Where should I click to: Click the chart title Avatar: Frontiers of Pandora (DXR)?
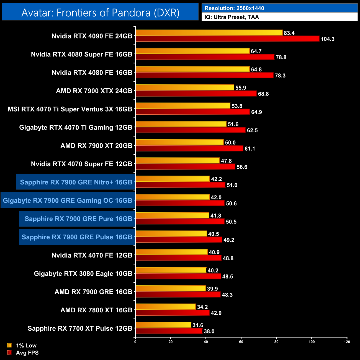click(100, 13)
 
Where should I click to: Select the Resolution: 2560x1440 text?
click(234, 8)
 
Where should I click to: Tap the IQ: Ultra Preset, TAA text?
click(232, 17)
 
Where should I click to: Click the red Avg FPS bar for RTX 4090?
click(227, 39)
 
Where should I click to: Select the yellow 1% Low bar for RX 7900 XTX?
click(185, 88)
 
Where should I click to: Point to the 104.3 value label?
click(328, 39)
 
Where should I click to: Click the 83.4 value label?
click(289, 33)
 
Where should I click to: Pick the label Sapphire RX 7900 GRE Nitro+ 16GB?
click(76, 182)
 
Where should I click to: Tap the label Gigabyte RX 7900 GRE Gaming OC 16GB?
click(68, 200)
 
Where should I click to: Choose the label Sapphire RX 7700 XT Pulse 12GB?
click(80, 328)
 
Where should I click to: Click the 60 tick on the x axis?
click(241, 342)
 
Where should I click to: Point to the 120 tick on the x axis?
click(347, 342)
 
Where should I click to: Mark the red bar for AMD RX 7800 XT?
click(172, 313)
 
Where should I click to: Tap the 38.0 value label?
click(209, 331)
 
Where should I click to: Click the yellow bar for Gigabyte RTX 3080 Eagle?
click(171, 270)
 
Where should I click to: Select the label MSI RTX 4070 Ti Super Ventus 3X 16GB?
click(70, 109)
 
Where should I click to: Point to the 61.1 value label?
click(250, 149)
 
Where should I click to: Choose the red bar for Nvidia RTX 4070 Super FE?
click(185, 167)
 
